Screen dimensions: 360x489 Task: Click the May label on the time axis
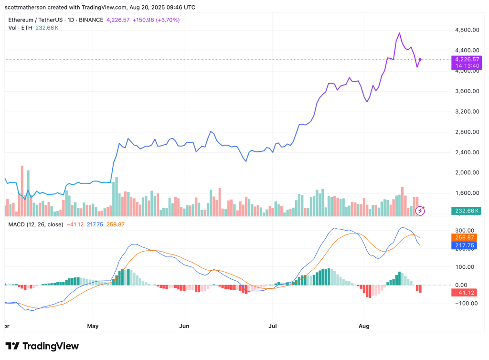93,326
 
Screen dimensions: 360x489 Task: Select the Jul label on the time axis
272,326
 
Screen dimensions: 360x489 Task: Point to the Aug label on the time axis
364,326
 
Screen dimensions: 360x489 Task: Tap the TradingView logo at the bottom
42,346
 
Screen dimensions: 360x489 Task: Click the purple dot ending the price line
420,60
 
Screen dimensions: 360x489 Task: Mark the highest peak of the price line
399,33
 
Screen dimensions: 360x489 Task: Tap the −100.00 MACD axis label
467,304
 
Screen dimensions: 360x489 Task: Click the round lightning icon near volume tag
420,210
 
